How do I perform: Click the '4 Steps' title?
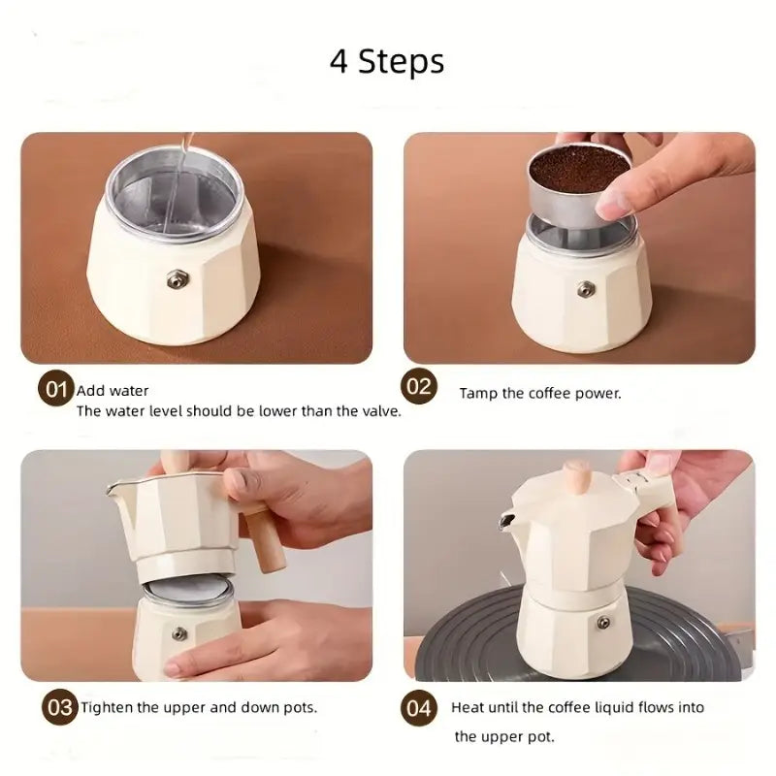click(x=387, y=61)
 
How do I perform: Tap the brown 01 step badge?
click(x=56, y=389)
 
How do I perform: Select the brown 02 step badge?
click(x=419, y=386)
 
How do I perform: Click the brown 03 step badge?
click(x=60, y=707)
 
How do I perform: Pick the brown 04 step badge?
click(x=419, y=708)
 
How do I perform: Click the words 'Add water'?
click(x=113, y=391)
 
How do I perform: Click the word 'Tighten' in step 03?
click(x=107, y=708)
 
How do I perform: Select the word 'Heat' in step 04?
click(x=468, y=707)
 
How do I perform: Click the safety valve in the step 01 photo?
click(x=178, y=279)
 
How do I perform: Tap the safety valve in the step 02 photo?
click(x=586, y=288)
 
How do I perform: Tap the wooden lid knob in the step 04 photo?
click(x=579, y=477)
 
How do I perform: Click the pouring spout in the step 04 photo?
click(x=506, y=521)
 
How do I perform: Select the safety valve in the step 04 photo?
click(x=603, y=623)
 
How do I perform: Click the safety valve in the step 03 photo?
click(x=179, y=633)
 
